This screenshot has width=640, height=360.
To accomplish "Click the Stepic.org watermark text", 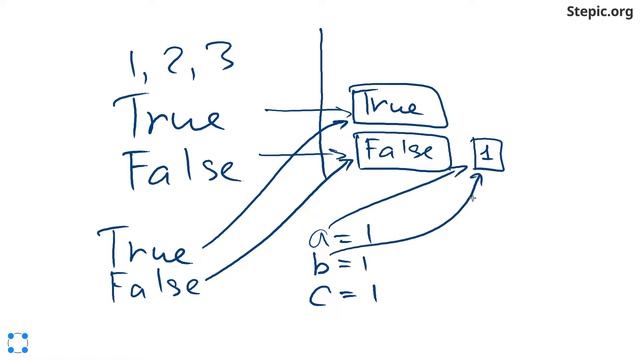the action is [600, 11].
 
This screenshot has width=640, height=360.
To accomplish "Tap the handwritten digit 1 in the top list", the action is [133, 64].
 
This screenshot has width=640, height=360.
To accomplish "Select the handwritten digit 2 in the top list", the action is [176, 62].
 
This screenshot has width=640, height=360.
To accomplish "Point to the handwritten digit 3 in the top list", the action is [221, 56].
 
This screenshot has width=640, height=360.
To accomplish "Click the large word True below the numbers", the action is [168, 116].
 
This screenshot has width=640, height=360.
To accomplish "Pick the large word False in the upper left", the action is [182, 170].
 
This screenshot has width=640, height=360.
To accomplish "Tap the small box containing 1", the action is [488, 154].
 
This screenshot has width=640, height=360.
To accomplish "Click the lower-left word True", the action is [144, 247].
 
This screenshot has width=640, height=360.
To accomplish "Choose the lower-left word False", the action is [155, 286].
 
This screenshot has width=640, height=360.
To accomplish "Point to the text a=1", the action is [341, 236].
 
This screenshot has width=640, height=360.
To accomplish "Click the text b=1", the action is [340, 264].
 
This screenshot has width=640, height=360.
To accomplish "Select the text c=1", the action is [343, 294].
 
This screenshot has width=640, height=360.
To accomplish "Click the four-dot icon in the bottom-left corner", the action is [18, 343].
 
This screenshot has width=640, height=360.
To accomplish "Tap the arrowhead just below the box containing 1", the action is [477, 178].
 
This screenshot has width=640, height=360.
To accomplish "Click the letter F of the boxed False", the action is [371, 149].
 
